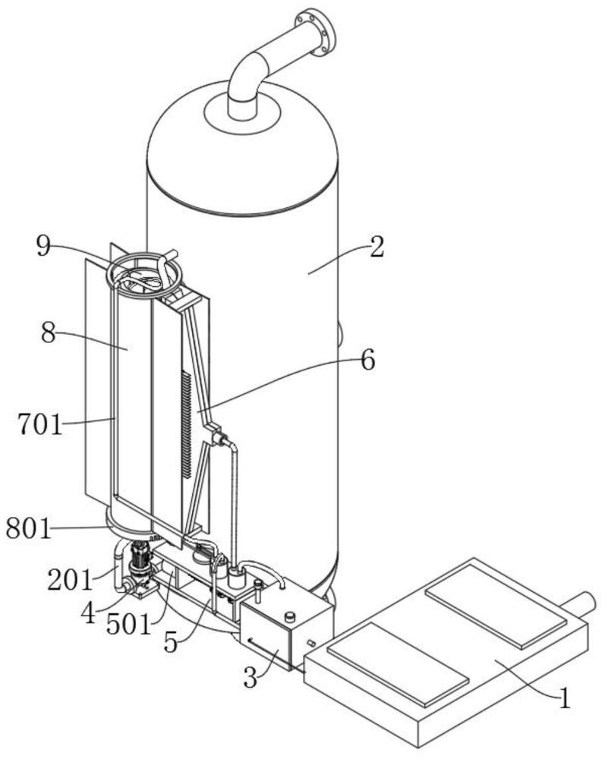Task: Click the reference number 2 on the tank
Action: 377,247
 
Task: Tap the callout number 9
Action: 43,247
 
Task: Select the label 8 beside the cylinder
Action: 48,332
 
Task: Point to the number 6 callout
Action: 368,361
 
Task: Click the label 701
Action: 41,424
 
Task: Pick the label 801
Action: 29,528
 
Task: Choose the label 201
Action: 70,579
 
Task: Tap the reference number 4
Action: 87,614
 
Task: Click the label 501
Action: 129,625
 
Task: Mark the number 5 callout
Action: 171,642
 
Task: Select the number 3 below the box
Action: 251,678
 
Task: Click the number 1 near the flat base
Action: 565,700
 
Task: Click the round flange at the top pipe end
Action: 316,31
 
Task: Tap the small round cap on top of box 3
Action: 290,617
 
